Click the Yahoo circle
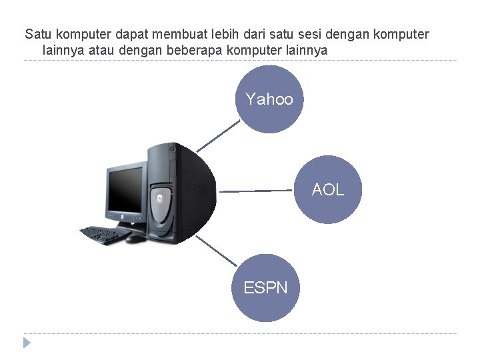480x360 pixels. [269, 99]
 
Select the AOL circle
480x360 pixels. [328, 189]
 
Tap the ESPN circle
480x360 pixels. [265, 288]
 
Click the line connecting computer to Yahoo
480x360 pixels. [219, 136]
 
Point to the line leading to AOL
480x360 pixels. [257, 191]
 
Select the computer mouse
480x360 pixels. [135, 237]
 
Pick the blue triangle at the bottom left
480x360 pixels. [27, 343]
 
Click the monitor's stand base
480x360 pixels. [127, 227]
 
